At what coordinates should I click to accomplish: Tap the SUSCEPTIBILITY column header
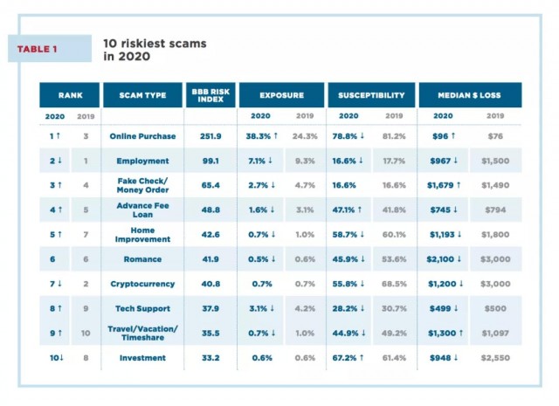370,94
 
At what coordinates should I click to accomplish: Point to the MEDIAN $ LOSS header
469,94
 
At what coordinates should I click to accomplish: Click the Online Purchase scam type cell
142,136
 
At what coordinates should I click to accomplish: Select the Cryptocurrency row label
142,284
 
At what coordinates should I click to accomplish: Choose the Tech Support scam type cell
142,308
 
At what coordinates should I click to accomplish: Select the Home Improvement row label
142,235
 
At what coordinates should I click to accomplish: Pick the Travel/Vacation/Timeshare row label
142,333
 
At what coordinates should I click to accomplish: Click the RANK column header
71,94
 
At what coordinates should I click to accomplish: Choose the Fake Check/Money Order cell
142,186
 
